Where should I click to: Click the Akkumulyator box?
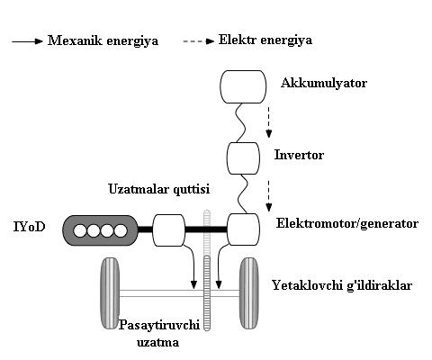[243, 86]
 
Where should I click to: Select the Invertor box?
[243, 158]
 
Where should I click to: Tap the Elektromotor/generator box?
[243, 229]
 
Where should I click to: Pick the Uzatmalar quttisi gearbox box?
[169, 230]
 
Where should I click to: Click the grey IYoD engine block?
[100, 230]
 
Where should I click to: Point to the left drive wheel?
[110, 293]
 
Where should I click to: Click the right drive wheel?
[249, 293]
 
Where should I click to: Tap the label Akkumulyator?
[324, 83]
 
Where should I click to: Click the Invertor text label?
[299, 155]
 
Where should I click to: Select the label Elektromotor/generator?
[347, 223]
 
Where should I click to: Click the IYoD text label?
[29, 227]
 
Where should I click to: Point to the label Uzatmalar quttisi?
[159, 189]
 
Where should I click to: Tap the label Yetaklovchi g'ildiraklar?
[342, 285]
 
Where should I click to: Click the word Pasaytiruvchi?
[159, 326]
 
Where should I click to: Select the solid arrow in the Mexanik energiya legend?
[27, 41]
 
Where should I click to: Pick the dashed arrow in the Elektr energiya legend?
[198, 41]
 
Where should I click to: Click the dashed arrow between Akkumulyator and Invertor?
[269, 122]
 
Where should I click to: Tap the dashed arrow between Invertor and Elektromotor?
[269, 196]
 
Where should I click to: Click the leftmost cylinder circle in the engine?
[80, 231]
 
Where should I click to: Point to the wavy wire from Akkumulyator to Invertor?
[241, 123]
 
